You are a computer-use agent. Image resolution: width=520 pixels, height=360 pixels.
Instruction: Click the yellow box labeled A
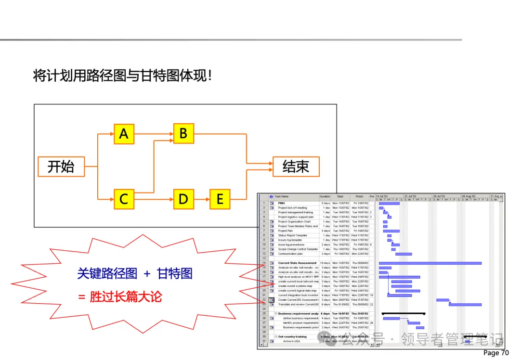pyautogui.click(x=124, y=133)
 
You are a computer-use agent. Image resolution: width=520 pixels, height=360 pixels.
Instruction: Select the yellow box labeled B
pyautogui.click(x=183, y=133)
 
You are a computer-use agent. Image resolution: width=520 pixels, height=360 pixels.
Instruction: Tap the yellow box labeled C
pyautogui.click(x=124, y=199)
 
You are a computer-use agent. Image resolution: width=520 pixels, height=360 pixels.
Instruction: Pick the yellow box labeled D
pyautogui.click(x=183, y=199)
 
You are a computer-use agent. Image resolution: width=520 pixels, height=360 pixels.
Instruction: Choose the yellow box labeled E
pyautogui.click(x=220, y=199)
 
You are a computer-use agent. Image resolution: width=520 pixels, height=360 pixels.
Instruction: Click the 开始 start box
pyautogui.click(x=61, y=167)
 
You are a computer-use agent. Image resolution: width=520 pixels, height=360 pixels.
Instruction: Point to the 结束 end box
pyautogui.click(x=296, y=167)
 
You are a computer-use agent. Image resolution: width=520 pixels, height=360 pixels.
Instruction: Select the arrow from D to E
pyautogui.click(x=202, y=199)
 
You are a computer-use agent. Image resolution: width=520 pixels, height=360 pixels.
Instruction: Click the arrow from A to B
pyautogui.click(x=154, y=133)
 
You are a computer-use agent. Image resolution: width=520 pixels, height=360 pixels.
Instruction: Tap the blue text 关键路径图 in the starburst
pyautogui.click(x=107, y=274)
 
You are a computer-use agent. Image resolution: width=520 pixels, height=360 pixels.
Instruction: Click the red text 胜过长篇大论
pyautogui.click(x=126, y=296)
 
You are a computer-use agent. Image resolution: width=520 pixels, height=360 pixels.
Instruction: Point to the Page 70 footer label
pyautogui.click(x=495, y=353)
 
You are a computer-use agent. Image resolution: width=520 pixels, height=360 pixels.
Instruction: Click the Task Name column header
pyautogui.click(x=282, y=196)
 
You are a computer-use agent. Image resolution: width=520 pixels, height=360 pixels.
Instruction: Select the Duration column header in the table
pyautogui.click(x=325, y=196)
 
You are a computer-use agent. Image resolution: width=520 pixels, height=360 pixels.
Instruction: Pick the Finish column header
pyautogui.click(x=359, y=196)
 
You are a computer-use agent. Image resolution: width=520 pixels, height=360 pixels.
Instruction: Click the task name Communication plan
pyautogui.click(x=290, y=254)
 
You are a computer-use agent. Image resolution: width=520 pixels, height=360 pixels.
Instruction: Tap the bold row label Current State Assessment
pyautogui.click(x=297, y=263)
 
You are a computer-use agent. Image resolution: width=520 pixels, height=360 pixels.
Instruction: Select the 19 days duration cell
pyautogui.click(x=325, y=263)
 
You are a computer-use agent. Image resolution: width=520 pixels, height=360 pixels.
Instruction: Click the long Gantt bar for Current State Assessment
pyautogui.click(x=430, y=263)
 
